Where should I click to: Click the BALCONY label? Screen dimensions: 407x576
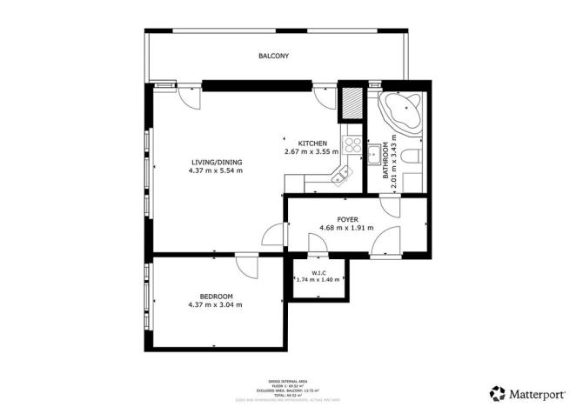pyautogui.click(x=273, y=57)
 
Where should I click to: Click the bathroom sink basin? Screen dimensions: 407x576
pyautogui.click(x=373, y=157)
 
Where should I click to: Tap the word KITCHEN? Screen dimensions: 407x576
pyautogui.click(x=312, y=143)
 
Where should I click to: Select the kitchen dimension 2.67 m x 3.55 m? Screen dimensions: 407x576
pyautogui.click(x=311, y=152)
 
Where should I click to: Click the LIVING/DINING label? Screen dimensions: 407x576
pyautogui.click(x=216, y=163)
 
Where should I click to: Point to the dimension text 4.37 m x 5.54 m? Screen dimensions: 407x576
pyautogui.click(x=216, y=171)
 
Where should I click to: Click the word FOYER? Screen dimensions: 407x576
pyautogui.click(x=347, y=219)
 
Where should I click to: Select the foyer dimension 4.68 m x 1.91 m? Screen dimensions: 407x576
pyautogui.click(x=347, y=228)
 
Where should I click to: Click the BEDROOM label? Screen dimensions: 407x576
pyautogui.click(x=215, y=297)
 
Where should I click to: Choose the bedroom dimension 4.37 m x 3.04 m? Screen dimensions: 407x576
pyautogui.click(x=215, y=305)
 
